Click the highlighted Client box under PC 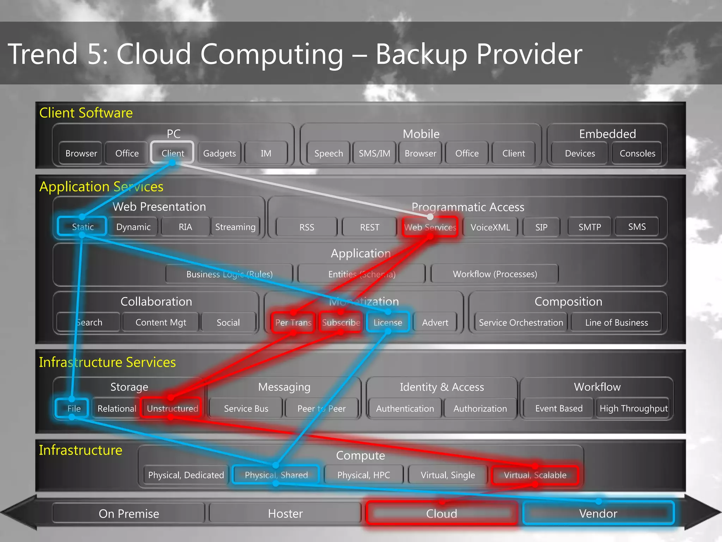point(172,153)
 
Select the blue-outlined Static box point(82,227)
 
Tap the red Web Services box point(430,227)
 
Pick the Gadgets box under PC point(219,153)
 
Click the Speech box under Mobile point(328,153)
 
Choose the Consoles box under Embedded point(637,153)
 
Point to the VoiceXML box point(490,227)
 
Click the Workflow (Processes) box point(495,274)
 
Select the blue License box point(387,322)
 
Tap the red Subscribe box point(341,322)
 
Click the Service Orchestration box point(521,323)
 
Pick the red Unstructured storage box point(172,408)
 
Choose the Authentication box point(405,408)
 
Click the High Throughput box point(633,408)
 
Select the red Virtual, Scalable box point(535,475)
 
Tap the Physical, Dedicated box point(186,475)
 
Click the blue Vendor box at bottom point(598,513)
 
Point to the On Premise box point(129,513)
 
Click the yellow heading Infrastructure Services point(107,362)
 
